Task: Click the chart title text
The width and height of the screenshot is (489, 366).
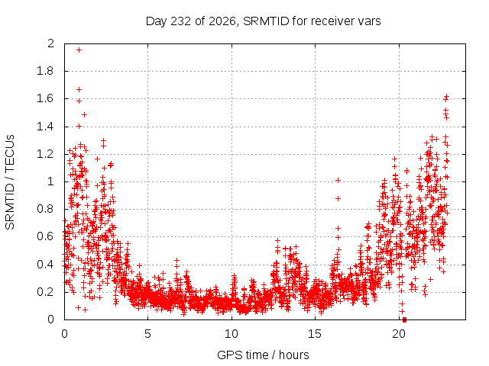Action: coord(263,21)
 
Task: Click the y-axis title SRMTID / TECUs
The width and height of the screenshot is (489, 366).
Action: coord(10,182)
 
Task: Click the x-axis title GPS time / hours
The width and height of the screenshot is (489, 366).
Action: coord(263,355)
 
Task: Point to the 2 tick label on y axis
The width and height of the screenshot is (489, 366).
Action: coord(51,43)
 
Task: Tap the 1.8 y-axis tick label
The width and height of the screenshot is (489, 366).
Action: coord(46,71)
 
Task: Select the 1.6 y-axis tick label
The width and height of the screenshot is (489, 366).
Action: coord(46,98)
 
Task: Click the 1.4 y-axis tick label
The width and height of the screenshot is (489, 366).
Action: coord(46,127)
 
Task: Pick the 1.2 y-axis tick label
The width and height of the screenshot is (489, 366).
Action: coord(46,154)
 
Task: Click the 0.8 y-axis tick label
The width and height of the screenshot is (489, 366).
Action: coord(46,209)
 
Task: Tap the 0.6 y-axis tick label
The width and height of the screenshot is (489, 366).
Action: coord(46,236)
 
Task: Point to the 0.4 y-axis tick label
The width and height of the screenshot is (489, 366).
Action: coord(46,265)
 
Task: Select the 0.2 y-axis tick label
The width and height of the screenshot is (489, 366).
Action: coord(46,292)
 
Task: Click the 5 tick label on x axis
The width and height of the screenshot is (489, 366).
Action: coord(147,334)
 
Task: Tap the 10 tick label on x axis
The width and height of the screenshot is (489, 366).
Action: coord(232,334)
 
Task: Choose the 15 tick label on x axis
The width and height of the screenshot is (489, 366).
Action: coord(315,334)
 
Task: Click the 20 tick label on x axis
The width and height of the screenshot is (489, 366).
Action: coord(399,334)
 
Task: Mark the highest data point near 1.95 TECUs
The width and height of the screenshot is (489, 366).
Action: coord(79,50)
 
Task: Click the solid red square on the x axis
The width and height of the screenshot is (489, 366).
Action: coord(404,319)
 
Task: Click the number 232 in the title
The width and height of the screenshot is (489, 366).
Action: coord(180,21)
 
